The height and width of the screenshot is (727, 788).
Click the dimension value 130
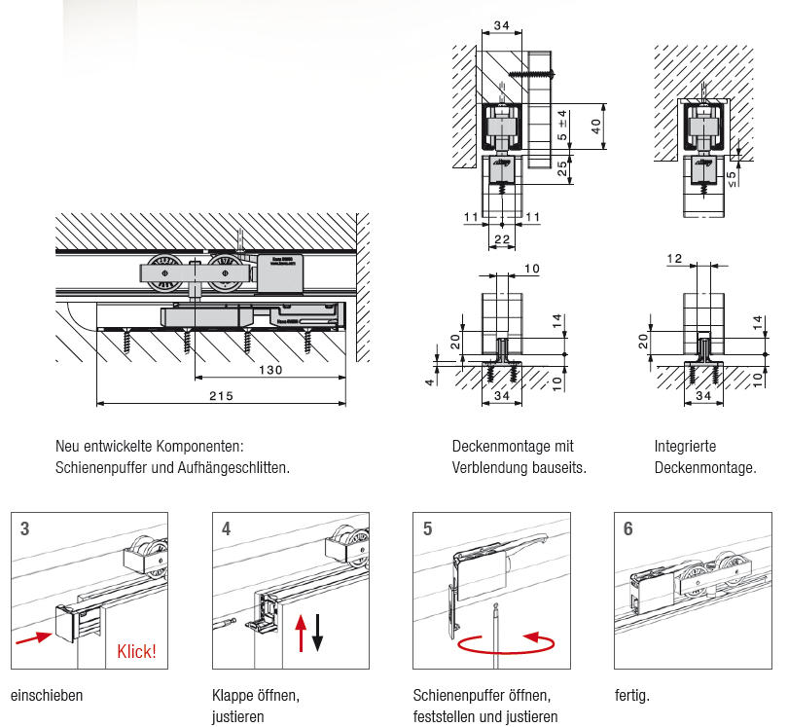tap(271, 370)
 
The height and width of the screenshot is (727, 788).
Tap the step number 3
tap(25, 528)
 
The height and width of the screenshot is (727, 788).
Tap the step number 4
tap(227, 528)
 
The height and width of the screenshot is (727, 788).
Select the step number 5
tap(428, 528)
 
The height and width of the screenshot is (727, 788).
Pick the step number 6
tap(628, 528)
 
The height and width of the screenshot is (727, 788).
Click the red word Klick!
tap(137, 651)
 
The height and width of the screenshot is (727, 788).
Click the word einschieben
tap(47, 696)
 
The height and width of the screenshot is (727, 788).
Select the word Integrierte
tap(685, 447)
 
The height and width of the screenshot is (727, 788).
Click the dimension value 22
tap(502, 238)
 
